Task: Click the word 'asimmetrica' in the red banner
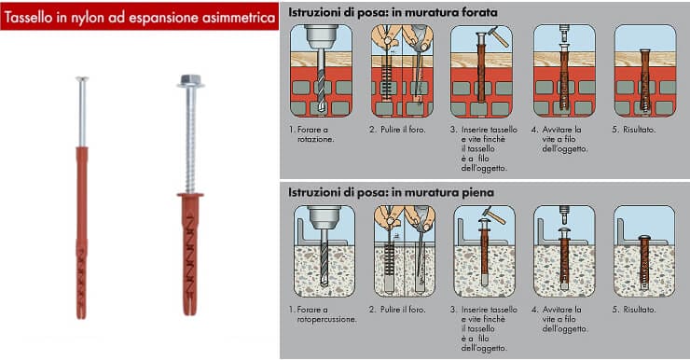[234, 17]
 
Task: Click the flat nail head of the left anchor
[82, 79]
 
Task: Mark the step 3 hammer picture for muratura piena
[481, 250]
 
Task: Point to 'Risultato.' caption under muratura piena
[639, 309]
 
